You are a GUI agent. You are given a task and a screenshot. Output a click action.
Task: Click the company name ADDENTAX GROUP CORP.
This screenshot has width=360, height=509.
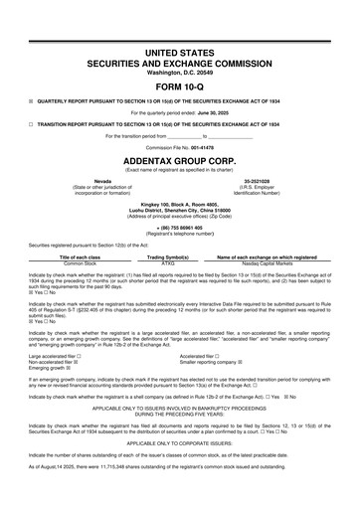pos(180,158)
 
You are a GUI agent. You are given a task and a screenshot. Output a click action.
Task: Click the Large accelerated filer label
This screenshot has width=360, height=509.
pos(63,354)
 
